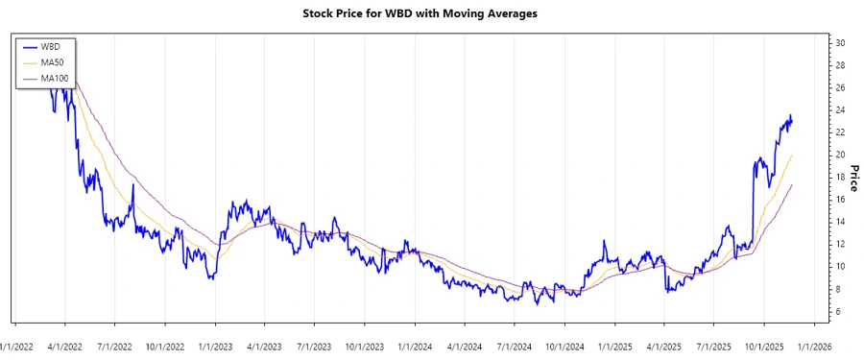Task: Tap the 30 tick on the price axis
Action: pos(840,43)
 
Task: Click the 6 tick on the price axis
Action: pos(840,312)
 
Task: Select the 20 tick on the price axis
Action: pos(840,155)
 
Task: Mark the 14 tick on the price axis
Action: pos(840,222)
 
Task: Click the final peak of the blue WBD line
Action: pos(790,115)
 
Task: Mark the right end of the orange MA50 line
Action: pos(792,155)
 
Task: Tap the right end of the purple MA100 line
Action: pos(792,184)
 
